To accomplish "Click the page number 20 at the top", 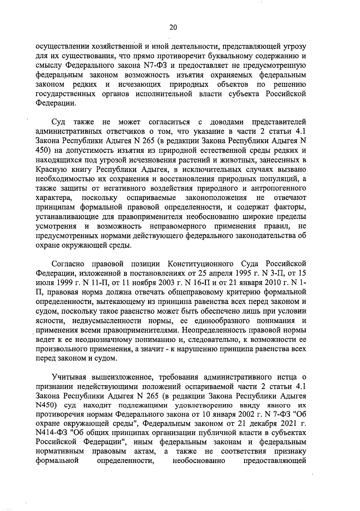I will pyautogui.click(x=173, y=28).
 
